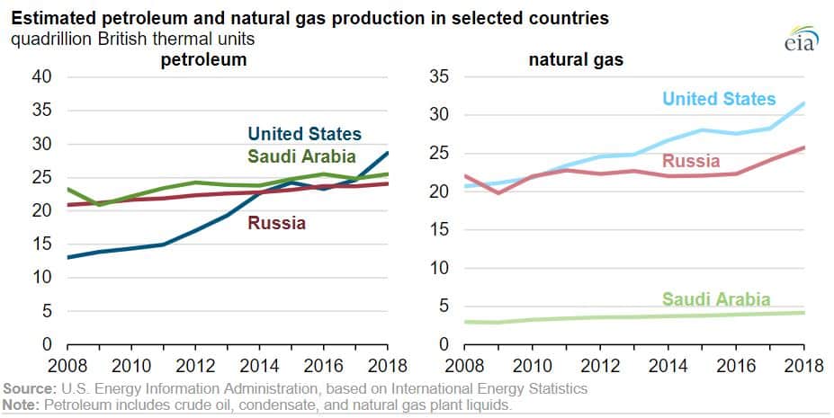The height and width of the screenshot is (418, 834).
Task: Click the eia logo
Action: click(x=801, y=38)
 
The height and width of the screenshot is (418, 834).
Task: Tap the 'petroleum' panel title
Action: click(x=203, y=60)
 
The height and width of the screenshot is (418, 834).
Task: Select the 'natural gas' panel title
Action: click(x=576, y=60)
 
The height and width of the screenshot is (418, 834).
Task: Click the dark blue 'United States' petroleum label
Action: click(x=305, y=134)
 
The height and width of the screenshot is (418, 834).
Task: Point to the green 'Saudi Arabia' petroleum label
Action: click(x=301, y=156)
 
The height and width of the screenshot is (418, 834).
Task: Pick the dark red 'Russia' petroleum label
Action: click(x=276, y=223)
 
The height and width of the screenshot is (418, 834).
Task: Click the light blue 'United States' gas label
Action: click(x=719, y=99)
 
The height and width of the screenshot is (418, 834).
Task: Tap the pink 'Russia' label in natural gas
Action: click(x=691, y=161)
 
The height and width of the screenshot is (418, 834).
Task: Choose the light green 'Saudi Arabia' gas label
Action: click(x=716, y=299)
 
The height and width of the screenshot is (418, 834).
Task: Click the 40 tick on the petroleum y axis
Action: click(x=41, y=77)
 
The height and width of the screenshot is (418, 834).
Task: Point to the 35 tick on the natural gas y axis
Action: click(x=439, y=77)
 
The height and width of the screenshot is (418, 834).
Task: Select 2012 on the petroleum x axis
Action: click(x=195, y=366)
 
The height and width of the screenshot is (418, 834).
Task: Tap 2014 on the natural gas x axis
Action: click(x=668, y=366)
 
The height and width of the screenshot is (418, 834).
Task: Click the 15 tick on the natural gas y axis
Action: click(x=439, y=230)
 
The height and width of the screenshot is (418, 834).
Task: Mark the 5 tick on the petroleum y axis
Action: click(x=47, y=311)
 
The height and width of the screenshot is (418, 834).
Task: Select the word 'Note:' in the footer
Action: click(x=22, y=405)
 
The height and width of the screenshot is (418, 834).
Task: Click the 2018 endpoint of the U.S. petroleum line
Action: click(x=387, y=153)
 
